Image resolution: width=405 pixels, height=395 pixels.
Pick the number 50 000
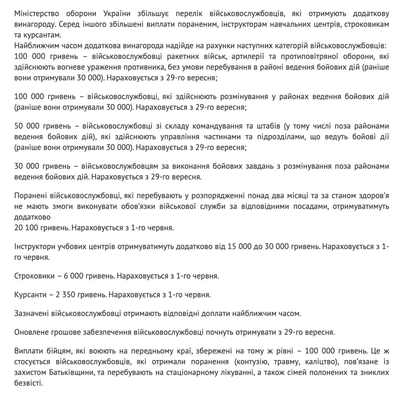(27, 126)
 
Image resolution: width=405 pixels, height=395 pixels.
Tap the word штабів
(267, 126)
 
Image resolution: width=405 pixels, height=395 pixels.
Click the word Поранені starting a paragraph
(29, 196)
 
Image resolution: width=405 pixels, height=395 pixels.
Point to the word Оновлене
(29, 332)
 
